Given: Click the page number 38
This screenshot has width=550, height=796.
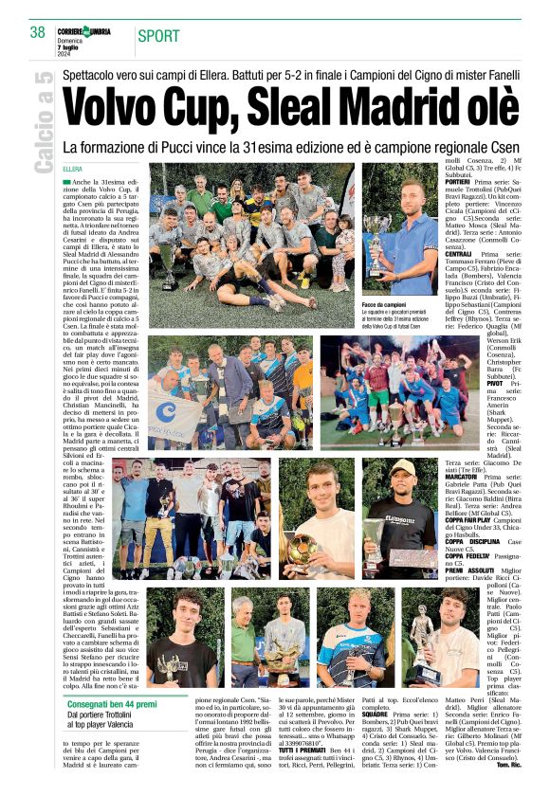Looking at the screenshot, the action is click(x=37, y=31).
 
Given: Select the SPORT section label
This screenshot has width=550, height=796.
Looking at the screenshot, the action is click(x=160, y=37).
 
